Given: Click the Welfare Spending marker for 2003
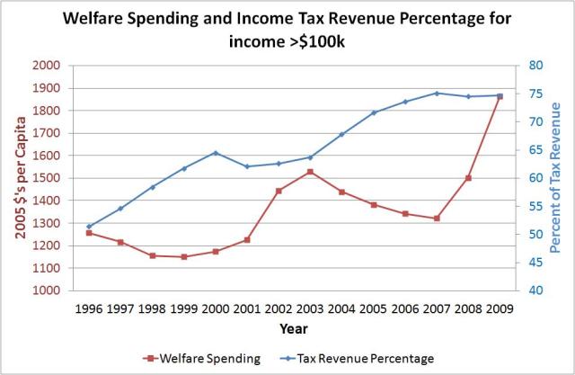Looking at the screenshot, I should (310, 171).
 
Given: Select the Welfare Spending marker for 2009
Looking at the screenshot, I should (500, 97).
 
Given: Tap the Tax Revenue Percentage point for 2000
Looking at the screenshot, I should (216, 153).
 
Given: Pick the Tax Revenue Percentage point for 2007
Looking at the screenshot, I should (437, 93).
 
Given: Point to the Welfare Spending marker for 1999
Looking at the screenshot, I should (183, 257).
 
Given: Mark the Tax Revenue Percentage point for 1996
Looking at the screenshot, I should (89, 227).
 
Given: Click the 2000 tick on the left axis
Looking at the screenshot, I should (47, 66).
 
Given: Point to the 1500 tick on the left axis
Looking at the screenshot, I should (47, 178).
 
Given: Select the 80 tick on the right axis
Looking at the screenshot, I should (535, 66).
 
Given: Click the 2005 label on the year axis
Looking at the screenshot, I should (373, 309).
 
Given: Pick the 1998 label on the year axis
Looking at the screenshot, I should (152, 309).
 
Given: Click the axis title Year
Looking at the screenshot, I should (293, 329).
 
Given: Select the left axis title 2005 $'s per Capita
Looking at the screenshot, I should (19, 177).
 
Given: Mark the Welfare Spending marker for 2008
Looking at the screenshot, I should (468, 178).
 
